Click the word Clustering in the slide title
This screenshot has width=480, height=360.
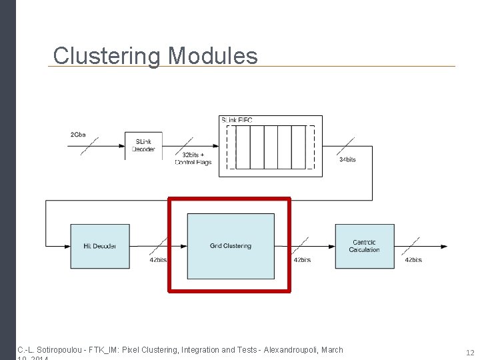107,56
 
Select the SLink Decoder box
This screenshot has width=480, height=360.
143,145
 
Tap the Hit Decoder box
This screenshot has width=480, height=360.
100,246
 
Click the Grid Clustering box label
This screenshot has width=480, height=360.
230,246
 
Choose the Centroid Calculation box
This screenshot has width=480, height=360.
364,246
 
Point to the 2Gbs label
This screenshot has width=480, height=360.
78,135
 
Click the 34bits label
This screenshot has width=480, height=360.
347,160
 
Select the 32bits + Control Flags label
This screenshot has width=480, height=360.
193,159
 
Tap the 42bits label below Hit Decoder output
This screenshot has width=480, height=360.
158,260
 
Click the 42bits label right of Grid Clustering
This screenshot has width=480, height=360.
301,260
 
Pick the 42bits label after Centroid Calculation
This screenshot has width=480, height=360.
413,260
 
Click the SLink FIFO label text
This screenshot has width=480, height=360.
237,120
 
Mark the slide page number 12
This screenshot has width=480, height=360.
470,352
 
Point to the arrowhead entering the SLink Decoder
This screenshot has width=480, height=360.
122,145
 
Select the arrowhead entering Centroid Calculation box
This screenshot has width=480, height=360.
332,246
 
